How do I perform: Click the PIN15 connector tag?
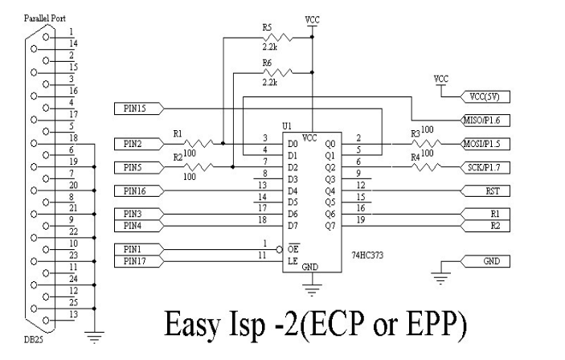[137, 107]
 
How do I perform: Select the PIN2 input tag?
[137, 143]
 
